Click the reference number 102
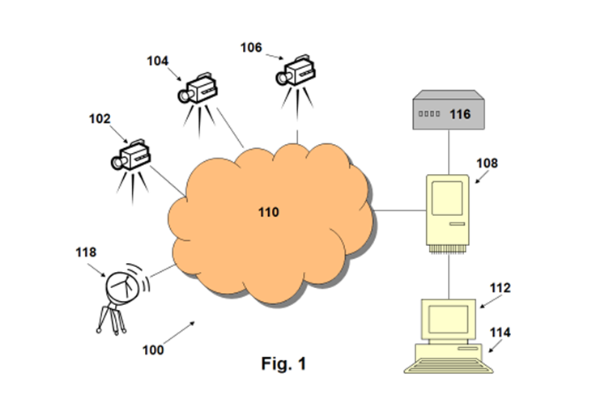[x=100, y=118]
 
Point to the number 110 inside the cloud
[x=267, y=213]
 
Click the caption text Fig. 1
[x=283, y=364]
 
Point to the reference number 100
[x=152, y=350]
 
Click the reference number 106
[x=251, y=47]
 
